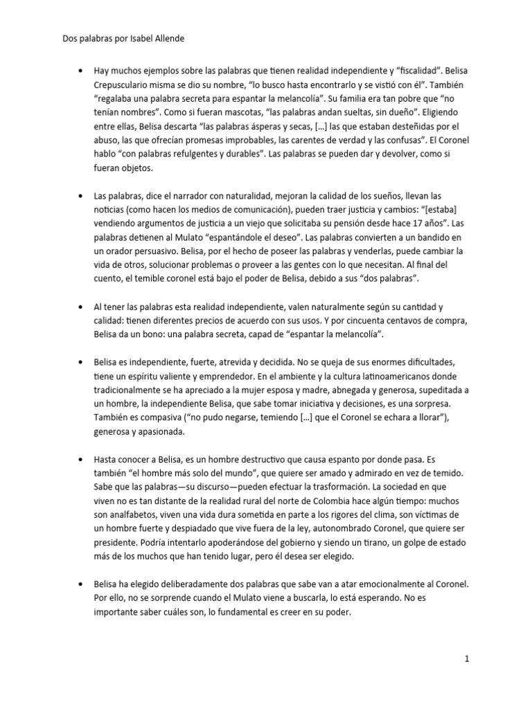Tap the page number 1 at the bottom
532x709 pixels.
[468, 660]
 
